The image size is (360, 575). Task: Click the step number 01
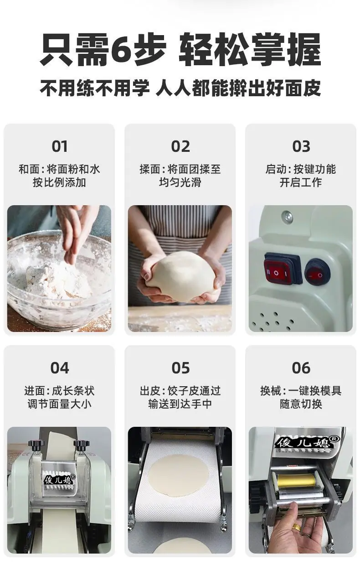point(60,146)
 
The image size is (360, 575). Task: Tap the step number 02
point(180,146)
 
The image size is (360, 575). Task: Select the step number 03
point(301,146)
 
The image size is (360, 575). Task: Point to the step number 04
point(60,368)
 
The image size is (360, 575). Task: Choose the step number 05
point(180,368)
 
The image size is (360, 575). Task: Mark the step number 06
point(301,368)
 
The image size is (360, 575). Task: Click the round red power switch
point(318,273)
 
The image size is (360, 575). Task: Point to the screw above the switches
point(287,217)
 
